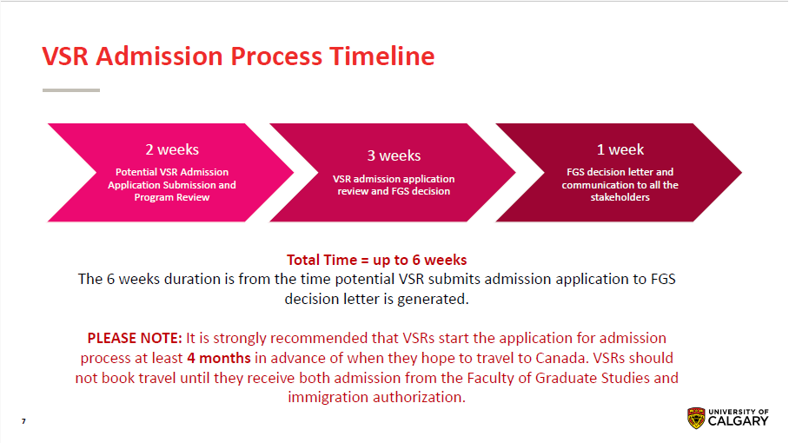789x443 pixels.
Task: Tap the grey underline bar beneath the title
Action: click(x=71, y=89)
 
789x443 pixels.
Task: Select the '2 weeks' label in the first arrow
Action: click(x=171, y=149)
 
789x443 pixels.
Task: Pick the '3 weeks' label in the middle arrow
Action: click(x=394, y=155)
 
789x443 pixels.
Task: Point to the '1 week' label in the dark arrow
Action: click(x=620, y=149)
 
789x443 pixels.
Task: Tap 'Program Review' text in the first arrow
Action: click(x=172, y=197)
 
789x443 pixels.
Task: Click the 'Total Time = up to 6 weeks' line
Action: click(x=376, y=260)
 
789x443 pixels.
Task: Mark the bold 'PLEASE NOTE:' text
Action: click(x=135, y=338)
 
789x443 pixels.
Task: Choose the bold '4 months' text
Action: click(x=218, y=358)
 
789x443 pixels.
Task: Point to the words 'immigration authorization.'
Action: click(x=376, y=397)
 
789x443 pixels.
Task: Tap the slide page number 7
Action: click(x=23, y=421)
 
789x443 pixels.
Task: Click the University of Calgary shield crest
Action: click(x=696, y=418)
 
